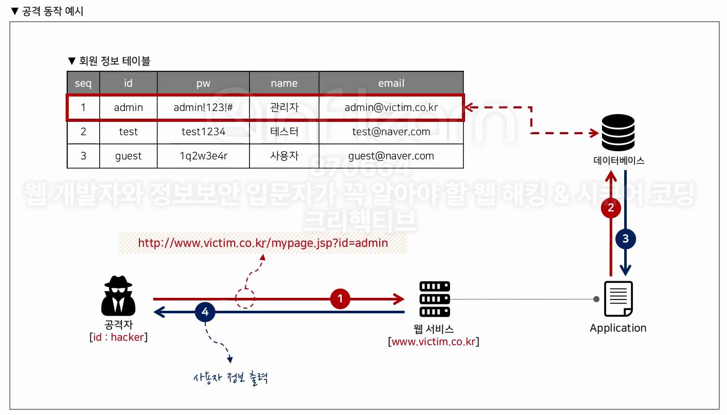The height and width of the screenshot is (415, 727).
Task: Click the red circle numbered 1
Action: pos(340,298)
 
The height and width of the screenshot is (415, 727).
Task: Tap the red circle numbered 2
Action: pos(611,208)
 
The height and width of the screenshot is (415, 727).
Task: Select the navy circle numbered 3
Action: pos(626,238)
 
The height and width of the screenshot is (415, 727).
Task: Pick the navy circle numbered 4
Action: pos(205,312)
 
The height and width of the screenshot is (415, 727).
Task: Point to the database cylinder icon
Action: pos(618,133)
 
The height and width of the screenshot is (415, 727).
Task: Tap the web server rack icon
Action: pos(435,299)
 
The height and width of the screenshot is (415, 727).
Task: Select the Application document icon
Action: pos(618,299)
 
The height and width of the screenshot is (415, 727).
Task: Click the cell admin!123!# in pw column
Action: pos(203,107)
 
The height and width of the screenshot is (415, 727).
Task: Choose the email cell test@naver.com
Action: pos(391,132)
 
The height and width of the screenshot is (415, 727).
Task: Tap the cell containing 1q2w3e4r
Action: pos(203,156)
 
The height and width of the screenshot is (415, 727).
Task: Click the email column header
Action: pos(391,83)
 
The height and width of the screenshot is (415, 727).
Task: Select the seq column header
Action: pos(83,83)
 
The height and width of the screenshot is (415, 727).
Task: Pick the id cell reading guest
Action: pos(128,156)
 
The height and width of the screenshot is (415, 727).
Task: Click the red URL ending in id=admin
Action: pos(263,243)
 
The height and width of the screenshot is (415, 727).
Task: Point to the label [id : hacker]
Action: pos(118,337)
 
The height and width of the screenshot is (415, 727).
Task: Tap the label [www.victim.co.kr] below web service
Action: pos(434,341)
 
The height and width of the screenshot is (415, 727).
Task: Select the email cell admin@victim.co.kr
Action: pos(391,107)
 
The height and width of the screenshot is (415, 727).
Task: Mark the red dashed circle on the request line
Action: pos(245,298)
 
